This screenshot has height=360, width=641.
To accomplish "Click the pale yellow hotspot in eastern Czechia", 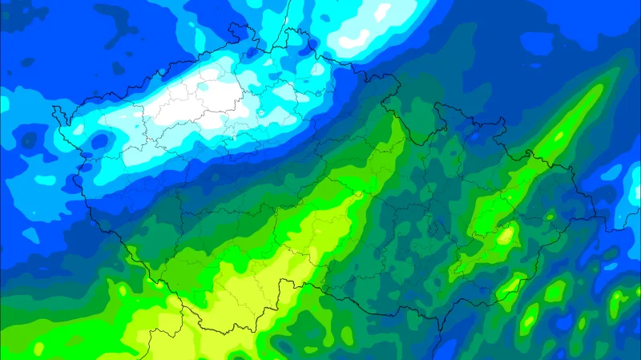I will (506, 236).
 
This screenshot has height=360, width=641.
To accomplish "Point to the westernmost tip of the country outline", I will (54, 107).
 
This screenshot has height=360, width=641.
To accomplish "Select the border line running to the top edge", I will (284, 12).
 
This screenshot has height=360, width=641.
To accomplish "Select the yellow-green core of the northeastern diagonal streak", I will (561, 128).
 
